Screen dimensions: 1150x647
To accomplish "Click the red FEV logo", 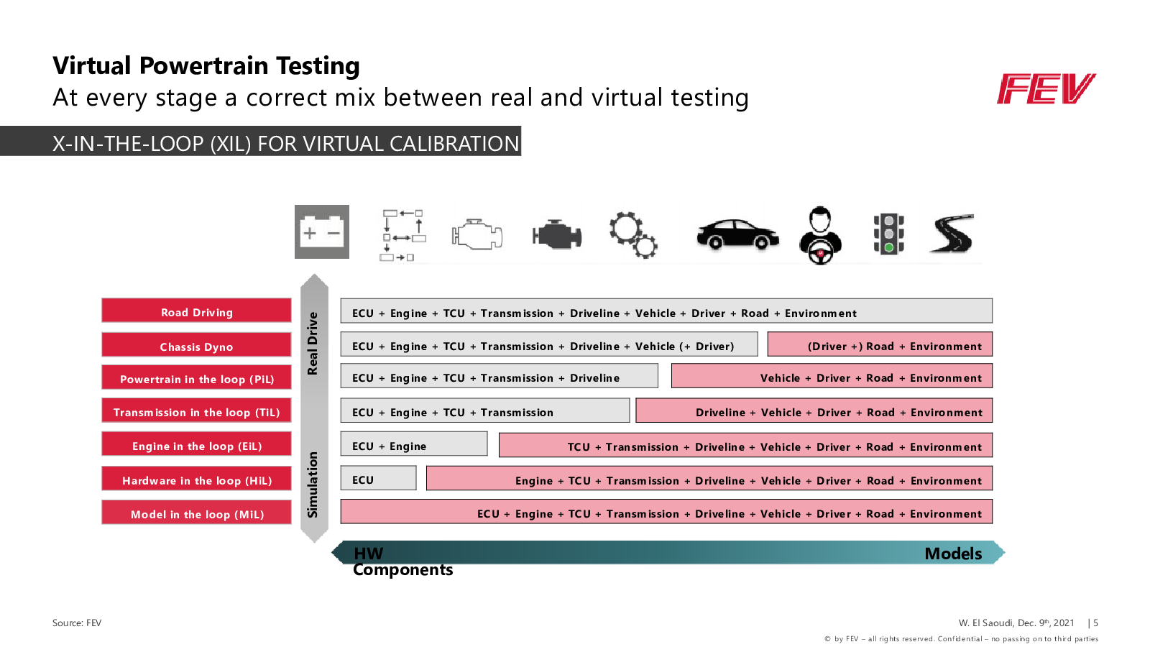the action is click(x=1046, y=89).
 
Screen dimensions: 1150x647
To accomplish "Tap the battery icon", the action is click(x=322, y=231).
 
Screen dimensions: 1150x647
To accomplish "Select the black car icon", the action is click(x=737, y=234).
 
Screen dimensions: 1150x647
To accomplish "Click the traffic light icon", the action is click(x=888, y=234).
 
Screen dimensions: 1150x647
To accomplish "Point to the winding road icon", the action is click(x=952, y=234).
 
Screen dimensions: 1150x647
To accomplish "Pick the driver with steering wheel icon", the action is click(x=820, y=236).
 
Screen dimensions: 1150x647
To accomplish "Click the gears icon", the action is click(x=633, y=234).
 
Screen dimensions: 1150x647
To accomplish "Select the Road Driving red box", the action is click(x=197, y=310).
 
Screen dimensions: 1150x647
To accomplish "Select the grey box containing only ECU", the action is click(x=378, y=478).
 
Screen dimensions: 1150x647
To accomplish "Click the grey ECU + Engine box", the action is click(x=414, y=444).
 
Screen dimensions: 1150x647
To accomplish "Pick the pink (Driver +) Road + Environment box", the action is click(x=880, y=344).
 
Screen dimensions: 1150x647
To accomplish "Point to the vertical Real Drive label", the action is click(x=313, y=344).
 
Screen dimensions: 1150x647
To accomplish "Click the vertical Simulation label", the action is click(x=313, y=485).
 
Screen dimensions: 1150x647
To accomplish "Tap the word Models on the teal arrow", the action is click(x=953, y=554).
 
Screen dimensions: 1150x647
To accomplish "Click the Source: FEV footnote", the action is click(x=77, y=623).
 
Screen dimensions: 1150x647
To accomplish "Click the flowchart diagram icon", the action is click(x=403, y=235).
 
